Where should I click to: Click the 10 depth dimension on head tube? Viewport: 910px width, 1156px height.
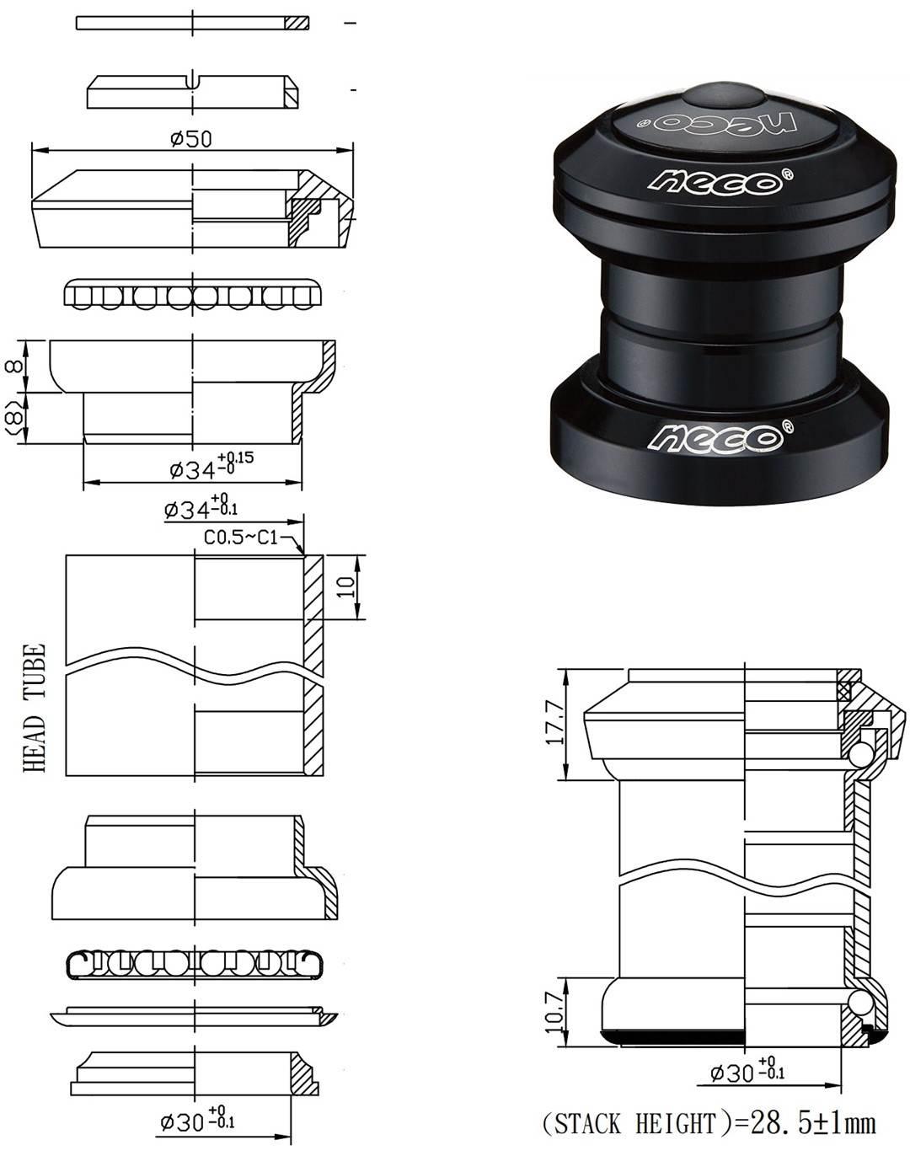coord(344,587)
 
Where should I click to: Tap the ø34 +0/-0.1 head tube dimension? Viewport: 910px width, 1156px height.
coord(201,509)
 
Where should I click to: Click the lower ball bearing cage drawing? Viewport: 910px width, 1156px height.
coord(193,963)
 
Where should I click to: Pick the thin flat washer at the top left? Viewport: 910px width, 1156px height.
coord(193,23)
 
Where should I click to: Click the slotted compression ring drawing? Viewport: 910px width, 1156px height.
coord(193,91)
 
